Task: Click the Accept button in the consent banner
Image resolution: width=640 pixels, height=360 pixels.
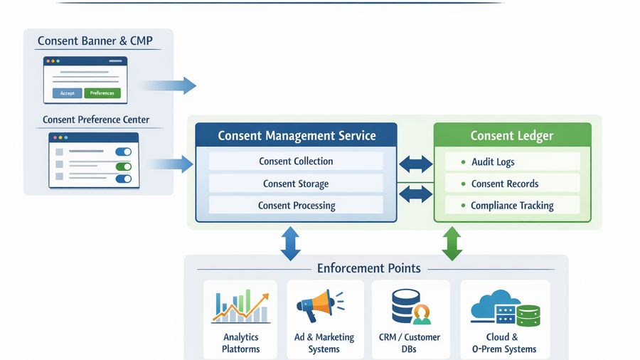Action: (67, 93)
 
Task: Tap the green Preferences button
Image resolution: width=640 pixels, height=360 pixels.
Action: (102, 93)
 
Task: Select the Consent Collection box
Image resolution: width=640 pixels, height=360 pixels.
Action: (296, 161)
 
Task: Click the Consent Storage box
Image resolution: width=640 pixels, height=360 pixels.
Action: (296, 184)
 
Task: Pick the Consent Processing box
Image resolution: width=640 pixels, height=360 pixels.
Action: (296, 206)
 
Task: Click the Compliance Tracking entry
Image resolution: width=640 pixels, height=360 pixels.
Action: (512, 206)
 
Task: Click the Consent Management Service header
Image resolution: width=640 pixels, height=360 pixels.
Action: (297, 136)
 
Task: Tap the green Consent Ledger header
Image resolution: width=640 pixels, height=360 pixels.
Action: (512, 135)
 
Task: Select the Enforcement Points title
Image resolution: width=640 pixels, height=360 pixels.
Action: (368, 268)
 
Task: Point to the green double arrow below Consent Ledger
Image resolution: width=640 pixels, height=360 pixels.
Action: (452, 243)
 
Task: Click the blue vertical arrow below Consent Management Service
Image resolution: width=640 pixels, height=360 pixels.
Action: (290, 243)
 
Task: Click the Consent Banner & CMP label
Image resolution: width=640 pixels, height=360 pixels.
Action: (95, 41)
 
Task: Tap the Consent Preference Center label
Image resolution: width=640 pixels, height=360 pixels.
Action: (96, 120)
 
